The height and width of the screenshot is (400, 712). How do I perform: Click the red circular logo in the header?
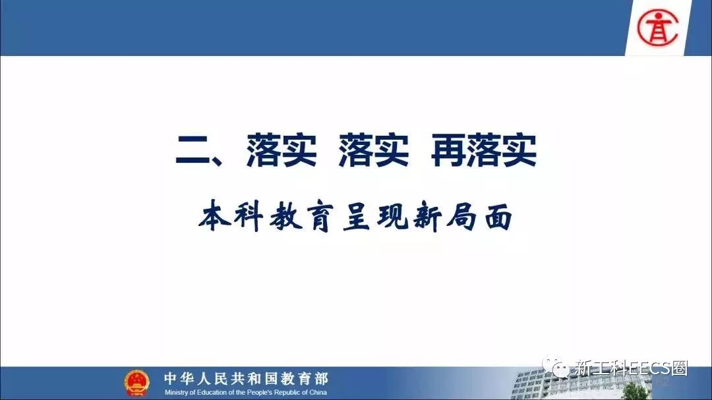pos(657,28)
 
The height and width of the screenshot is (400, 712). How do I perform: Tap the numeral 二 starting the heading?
pos(193,151)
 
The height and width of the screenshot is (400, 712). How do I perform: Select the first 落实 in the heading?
pos(282,150)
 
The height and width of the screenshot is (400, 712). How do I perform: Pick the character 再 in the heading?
pos(448,150)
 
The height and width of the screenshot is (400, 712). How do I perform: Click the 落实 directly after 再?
pos(502,150)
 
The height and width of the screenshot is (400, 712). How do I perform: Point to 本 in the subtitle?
pos(214,217)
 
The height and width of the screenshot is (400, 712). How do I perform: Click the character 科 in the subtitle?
pos(249,217)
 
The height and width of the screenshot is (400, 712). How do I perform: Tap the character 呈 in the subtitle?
pos(358,217)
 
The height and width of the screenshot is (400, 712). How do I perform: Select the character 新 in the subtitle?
pos(427,217)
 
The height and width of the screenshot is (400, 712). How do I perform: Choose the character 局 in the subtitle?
pos(461,217)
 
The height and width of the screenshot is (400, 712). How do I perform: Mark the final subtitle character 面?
pos(498,217)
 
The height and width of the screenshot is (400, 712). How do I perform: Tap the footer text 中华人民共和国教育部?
pos(246,378)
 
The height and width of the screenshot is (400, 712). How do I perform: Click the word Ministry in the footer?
pos(175,392)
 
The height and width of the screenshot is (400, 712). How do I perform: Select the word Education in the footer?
pos(211,392)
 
